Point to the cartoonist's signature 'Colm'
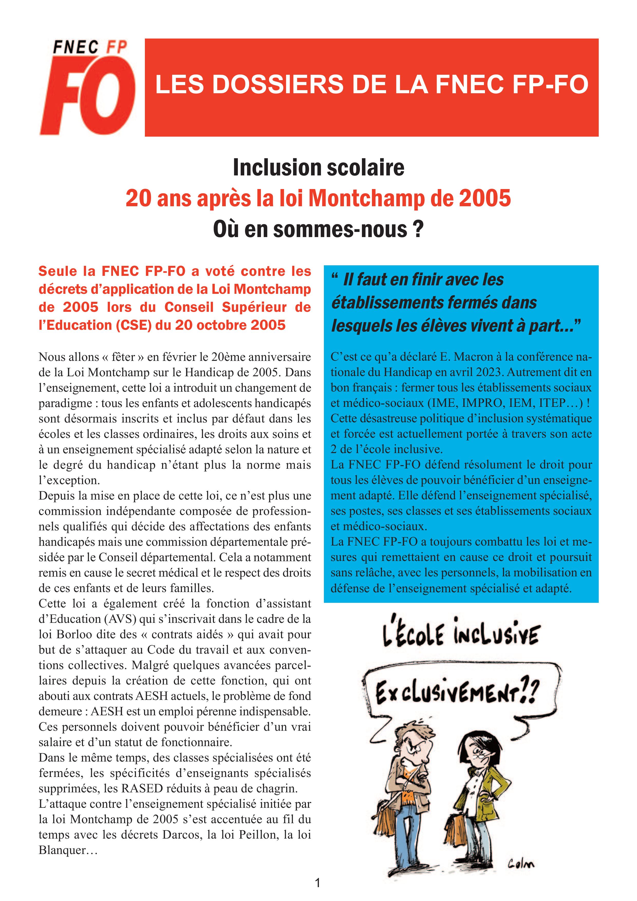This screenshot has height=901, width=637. tap(521, 863)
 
